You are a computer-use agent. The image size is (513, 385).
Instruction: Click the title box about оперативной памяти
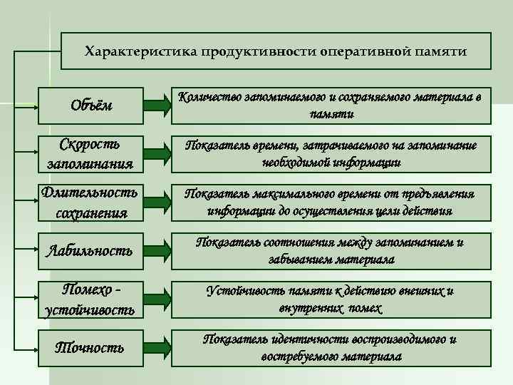click(x=276, y=51)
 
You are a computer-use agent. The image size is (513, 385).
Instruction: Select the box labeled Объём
click(x=90, y=106)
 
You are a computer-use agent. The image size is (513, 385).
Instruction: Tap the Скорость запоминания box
click(x=90, y=153)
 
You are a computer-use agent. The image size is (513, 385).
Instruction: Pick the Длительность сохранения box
click(x=90, y=202)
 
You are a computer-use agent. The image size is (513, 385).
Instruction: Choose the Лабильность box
click(x=90, y=250)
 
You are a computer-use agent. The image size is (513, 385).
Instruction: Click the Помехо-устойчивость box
click(x=90, y=299)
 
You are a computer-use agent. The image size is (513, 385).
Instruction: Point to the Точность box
click(x=90, y=348)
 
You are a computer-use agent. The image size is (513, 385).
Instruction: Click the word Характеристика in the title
click(x=140, y=51)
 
